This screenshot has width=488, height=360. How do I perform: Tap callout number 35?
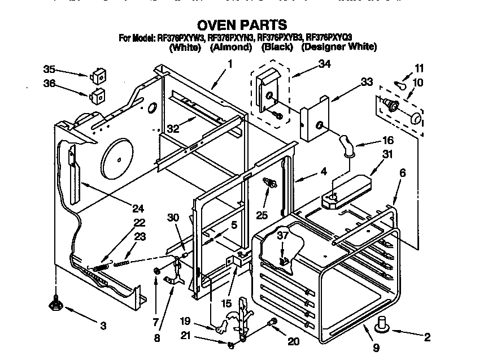(x=50, y=70)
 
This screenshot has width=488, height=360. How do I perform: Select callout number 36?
(x=50, y=83)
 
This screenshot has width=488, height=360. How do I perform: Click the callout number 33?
(x=367, y=83)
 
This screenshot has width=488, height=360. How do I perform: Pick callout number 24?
(x=138, y=207)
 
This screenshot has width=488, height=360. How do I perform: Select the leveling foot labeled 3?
(x=57, y=303)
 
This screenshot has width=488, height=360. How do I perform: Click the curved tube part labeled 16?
(x=346, y=143)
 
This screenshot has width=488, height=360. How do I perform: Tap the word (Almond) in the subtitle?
(x=230, y=47)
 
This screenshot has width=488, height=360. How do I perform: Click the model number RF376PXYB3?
(x=279, y=38)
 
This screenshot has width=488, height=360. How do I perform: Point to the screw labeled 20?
(x=272, y=322)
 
